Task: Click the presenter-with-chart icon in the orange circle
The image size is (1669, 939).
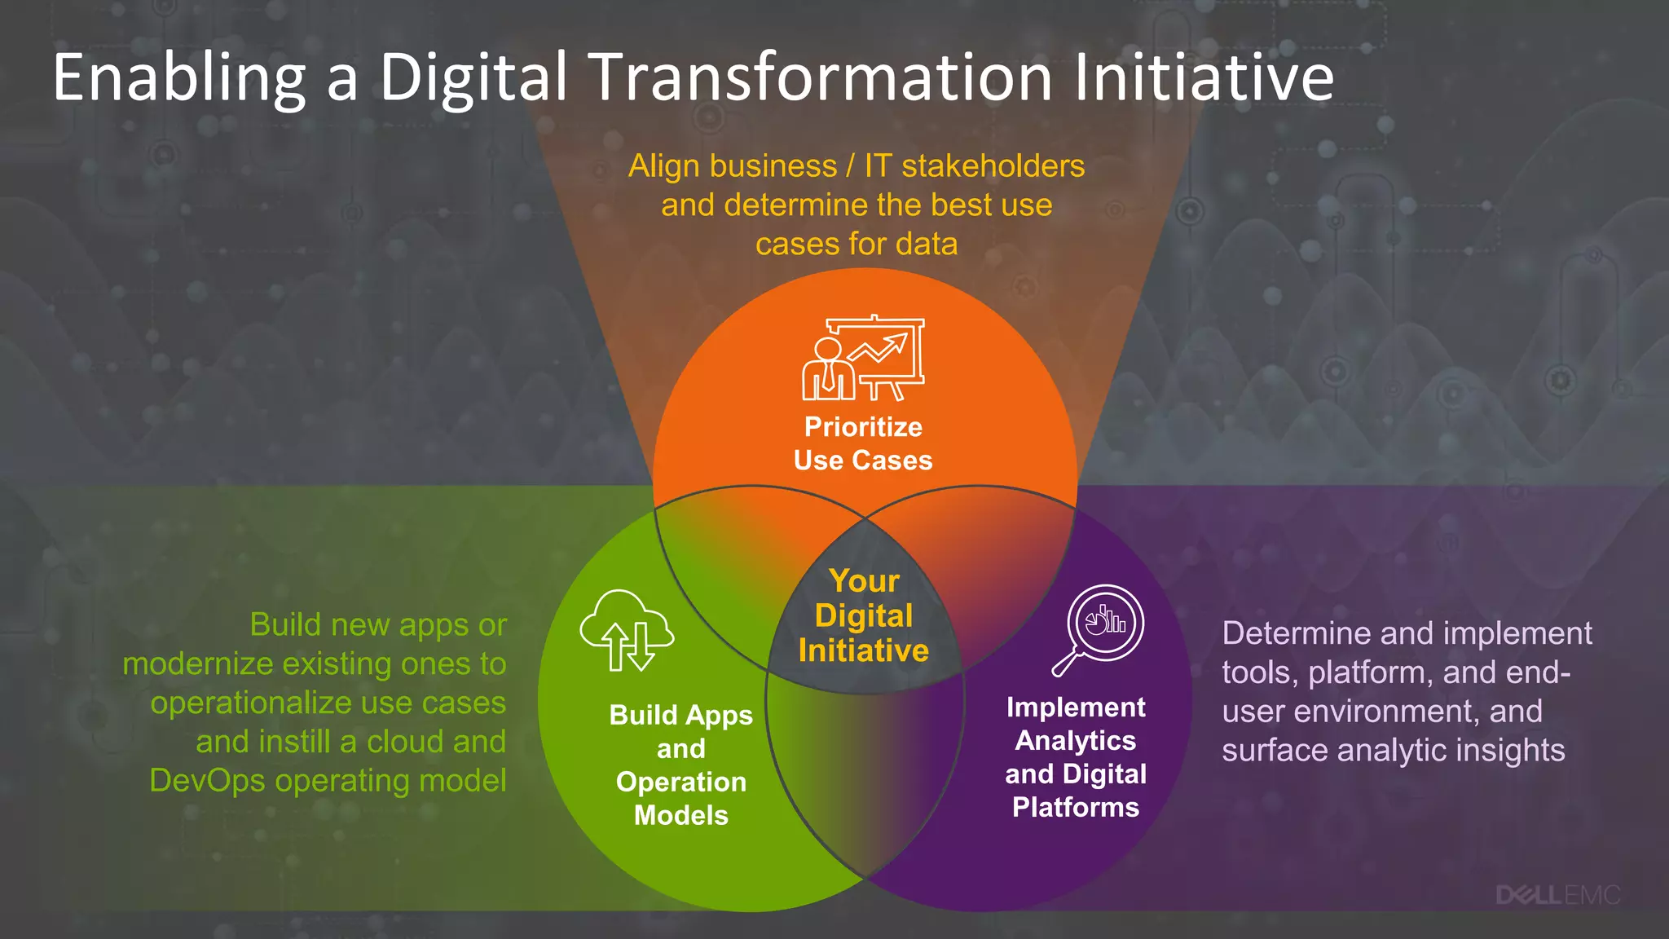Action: [863, 359]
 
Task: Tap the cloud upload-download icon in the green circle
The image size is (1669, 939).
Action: [627, 631]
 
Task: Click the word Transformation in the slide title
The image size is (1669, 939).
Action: [820, 77]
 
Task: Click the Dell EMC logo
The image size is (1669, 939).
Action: [1557, 895]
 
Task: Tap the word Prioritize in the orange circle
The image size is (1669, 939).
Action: [863, 427]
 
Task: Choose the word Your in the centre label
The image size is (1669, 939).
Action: [864, 581]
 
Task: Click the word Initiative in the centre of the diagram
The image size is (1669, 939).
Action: [864, 650]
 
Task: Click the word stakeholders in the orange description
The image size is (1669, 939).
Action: [993, 166]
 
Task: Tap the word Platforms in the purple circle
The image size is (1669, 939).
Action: [1076, 807]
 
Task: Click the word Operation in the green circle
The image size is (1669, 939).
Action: [681, 782]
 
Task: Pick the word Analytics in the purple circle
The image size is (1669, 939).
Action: [1076, 740]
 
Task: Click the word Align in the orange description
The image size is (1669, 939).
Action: [664, 166]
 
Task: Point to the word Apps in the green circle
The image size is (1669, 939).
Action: [719, 716]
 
